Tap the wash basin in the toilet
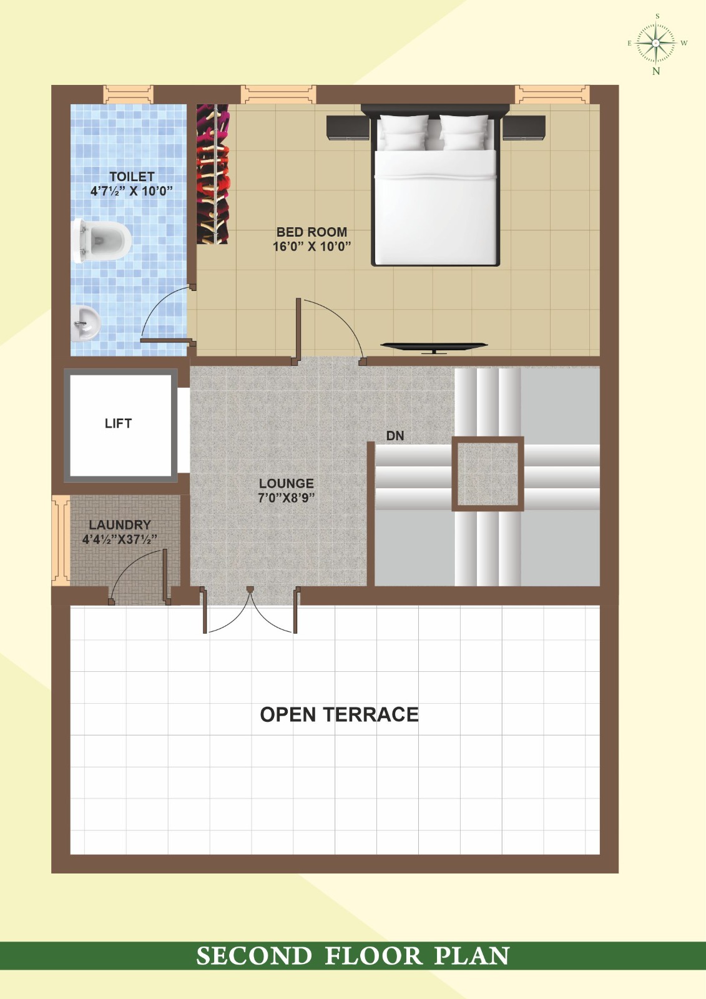click(x=85, y=323)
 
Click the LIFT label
click(x=118, y=423)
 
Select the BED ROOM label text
click(x=311, y=232)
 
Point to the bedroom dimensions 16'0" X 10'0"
click(x=311, y=246)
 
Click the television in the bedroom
click(x=434, y=348)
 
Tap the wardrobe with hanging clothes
click(x=213, y=174)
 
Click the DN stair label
click(x=395, y=436)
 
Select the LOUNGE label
click(x=287, y=483)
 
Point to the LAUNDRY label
click(x=120, y=525)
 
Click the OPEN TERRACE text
click(x=340, y=714)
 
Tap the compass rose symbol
click(x=656, y=43)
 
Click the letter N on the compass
click(x=656, y=71)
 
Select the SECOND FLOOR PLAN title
click(x=353, y=956)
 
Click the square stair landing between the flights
click(x=488, y=474)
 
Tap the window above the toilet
click(x=129, y=94)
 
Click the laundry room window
click(x=61, y=540)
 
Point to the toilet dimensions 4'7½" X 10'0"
click(x=132, y=191)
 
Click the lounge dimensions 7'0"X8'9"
click(x=287, y=498)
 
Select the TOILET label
click(x=132, y=177)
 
